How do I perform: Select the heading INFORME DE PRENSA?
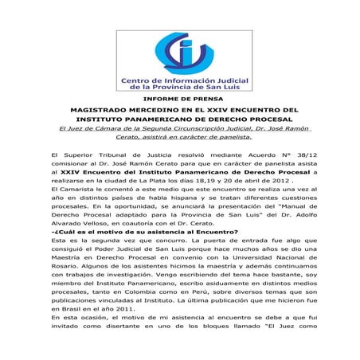[179, 98]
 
